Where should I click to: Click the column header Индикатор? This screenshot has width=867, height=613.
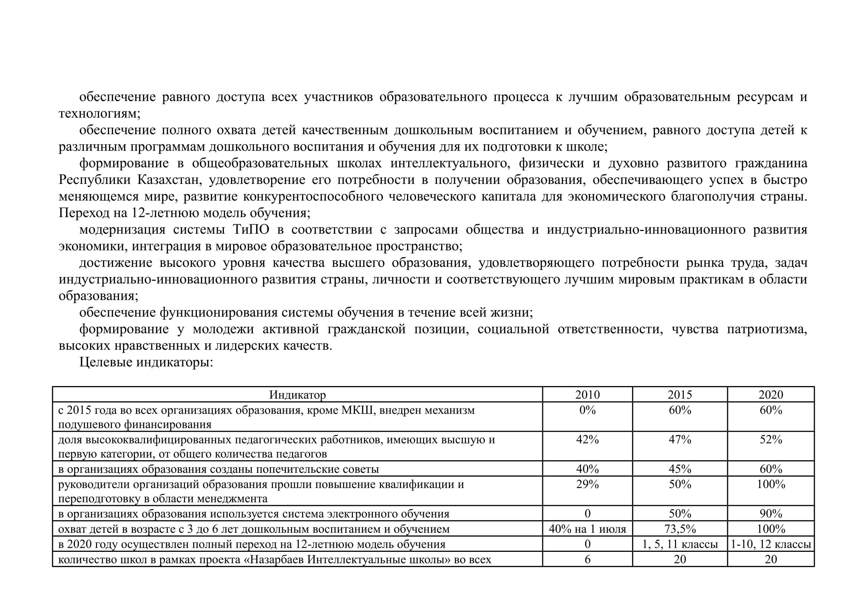297,395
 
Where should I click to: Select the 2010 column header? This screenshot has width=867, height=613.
587,395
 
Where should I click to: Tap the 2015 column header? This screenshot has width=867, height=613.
680,395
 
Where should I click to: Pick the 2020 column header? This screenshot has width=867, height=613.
771,395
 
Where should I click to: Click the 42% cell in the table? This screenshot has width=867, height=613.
587,440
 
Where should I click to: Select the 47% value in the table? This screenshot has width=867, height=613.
680,440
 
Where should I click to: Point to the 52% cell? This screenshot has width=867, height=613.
771,440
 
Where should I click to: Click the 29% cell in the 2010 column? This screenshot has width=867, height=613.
587,484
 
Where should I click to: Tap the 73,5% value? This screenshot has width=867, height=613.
680,529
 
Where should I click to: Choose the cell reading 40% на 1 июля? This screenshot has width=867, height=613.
587,529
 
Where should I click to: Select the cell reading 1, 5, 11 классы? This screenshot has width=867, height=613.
680,544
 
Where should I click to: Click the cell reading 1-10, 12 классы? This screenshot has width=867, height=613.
771,544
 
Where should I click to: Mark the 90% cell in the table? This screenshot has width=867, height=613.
771,514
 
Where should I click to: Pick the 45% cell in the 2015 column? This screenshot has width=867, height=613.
680,469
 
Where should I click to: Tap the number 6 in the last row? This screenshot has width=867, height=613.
587,559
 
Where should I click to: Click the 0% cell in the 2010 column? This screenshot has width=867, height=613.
587,410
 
